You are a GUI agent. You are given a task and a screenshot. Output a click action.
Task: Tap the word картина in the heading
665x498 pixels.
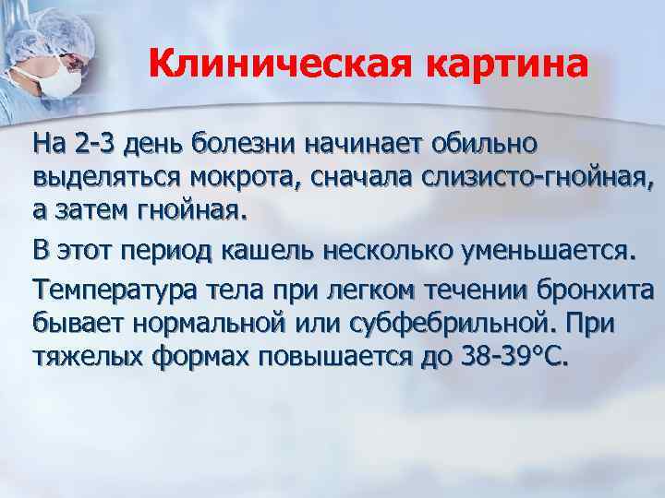[505, 65]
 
